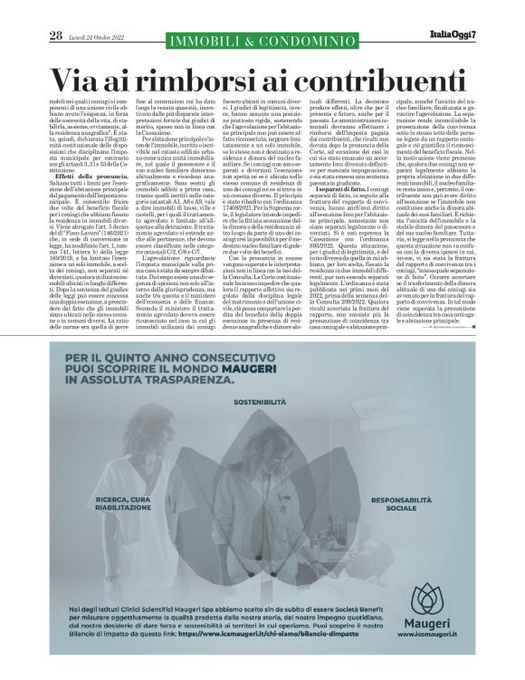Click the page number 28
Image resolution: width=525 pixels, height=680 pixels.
tap(56, 35)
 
